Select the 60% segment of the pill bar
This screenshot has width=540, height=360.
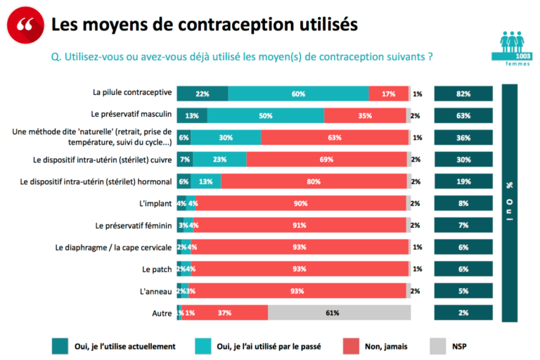[298, 94]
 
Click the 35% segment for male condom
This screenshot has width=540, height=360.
[365, 115]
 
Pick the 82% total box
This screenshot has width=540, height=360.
[463, 94]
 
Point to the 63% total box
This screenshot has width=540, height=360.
[463, 115]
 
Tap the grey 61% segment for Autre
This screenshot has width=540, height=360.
[339, 313]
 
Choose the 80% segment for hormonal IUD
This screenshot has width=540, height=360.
[314, 181]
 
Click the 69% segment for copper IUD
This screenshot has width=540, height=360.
[326, 160]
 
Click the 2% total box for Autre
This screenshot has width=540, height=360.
[463, 313]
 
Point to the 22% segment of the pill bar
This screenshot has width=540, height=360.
[202, 94]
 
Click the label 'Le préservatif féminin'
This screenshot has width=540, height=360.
[133, 225]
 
